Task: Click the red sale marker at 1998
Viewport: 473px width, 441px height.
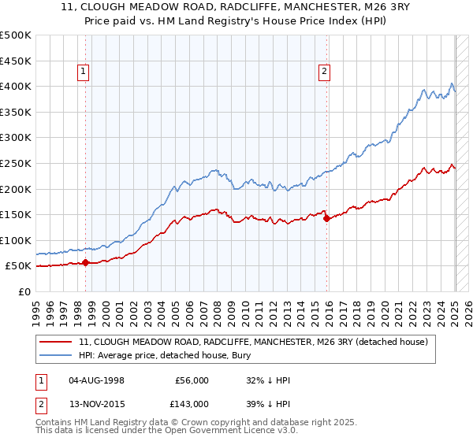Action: tap(86, 263)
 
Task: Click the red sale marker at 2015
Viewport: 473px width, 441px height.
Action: tap(326, 218)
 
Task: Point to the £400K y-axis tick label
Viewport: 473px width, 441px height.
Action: tap(17, 86)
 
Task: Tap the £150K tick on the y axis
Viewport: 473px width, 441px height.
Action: tap(17, 214)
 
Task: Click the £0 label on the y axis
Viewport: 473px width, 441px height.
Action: tap(24, 291)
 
